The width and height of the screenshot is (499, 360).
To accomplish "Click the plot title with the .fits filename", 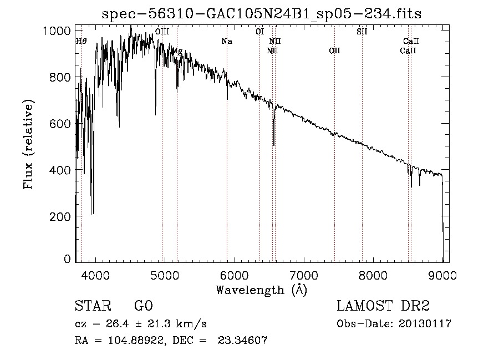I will (261, 14).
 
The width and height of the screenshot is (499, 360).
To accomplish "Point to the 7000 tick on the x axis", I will (304, 274).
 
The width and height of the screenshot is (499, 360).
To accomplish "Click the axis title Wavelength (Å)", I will (261, 290).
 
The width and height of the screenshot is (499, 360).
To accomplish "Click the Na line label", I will (226, 42).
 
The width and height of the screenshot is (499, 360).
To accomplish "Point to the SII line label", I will (361, 32).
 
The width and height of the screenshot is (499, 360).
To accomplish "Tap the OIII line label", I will (162, 32).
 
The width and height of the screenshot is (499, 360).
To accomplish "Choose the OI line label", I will (259, 32).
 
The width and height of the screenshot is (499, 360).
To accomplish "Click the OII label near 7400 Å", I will (334, 51).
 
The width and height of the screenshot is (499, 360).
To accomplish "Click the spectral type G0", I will (143, 306).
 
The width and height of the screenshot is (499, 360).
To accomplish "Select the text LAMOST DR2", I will (383, 306).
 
